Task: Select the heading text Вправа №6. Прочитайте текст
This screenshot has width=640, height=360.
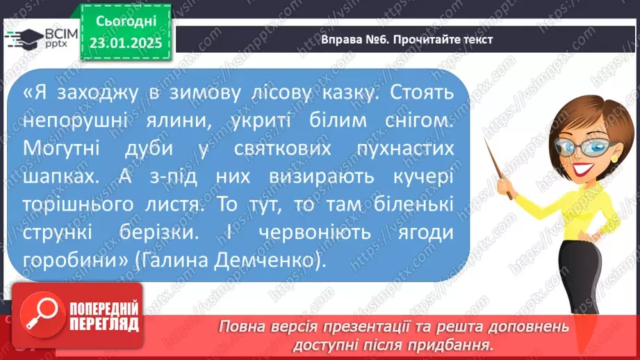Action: (407, 40)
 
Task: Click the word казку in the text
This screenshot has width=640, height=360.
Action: (342, 92)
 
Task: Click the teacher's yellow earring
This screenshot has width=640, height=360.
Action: (614, 158)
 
